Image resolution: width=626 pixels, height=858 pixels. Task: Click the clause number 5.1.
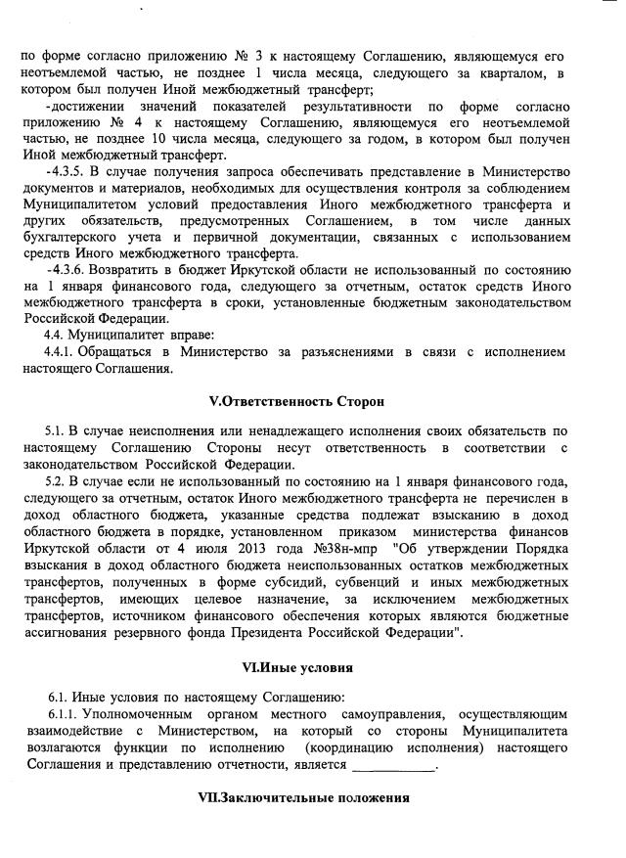click(56, 430)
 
